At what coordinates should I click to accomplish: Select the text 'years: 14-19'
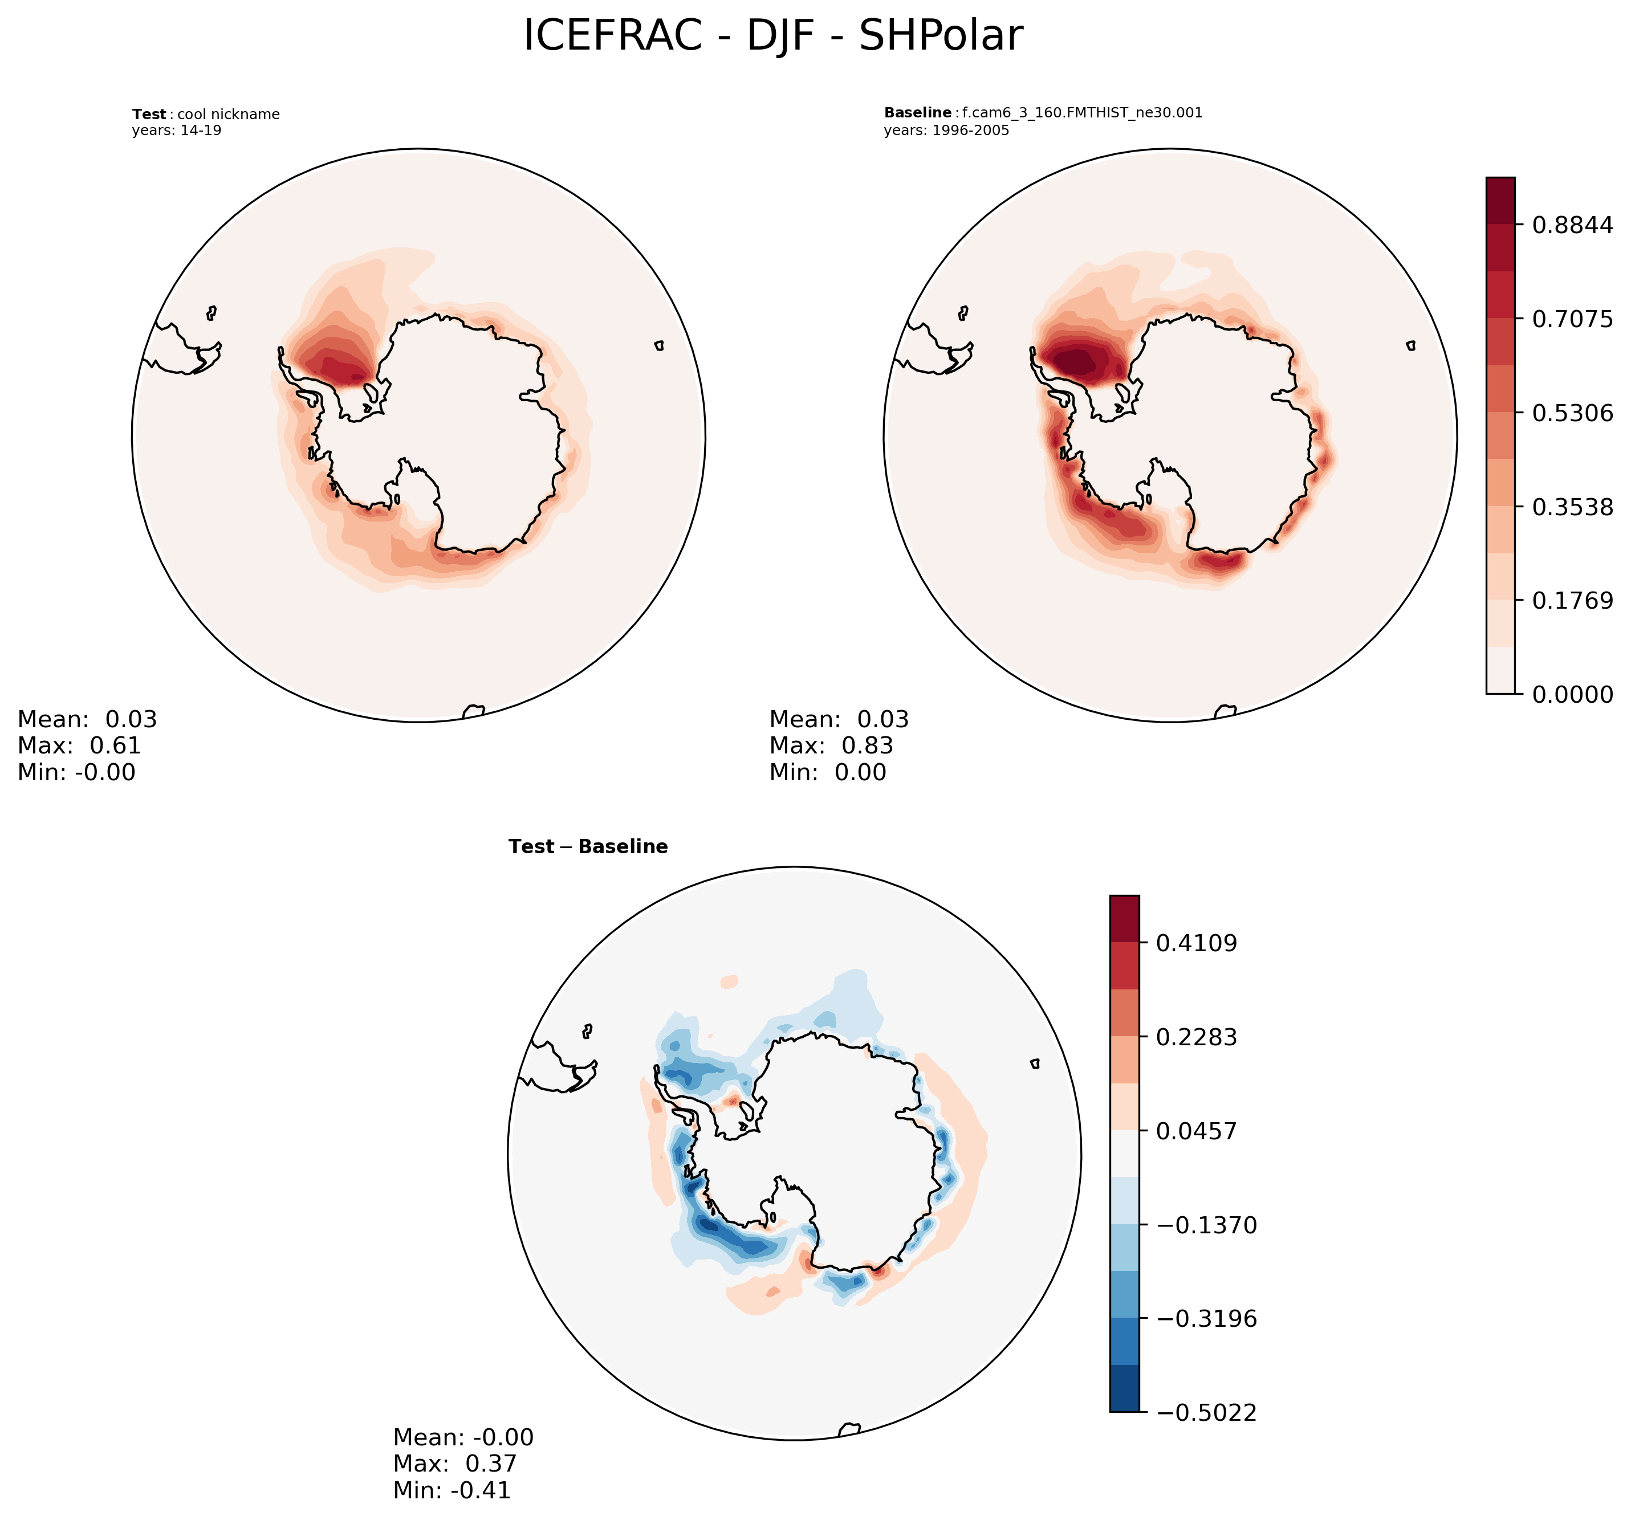[176, 131]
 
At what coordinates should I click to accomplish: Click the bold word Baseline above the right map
[917, 113]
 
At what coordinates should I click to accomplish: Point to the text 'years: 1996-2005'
[946, 131]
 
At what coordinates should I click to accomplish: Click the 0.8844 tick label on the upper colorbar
[1572, 225]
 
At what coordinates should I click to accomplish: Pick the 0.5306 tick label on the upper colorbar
[1572, 413]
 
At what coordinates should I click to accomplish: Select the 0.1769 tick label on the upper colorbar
[1572, 601]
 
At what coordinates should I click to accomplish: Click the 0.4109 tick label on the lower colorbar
[1196, 943]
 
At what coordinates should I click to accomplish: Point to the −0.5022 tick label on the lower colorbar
[1206, 1412]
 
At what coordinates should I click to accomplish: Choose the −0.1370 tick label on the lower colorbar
[1206, 1225]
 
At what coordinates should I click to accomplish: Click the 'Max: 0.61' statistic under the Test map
[80, 745]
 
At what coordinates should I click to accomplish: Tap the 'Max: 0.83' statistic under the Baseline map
[831, 745]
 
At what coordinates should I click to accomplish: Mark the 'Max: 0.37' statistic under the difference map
[455, 1464]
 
